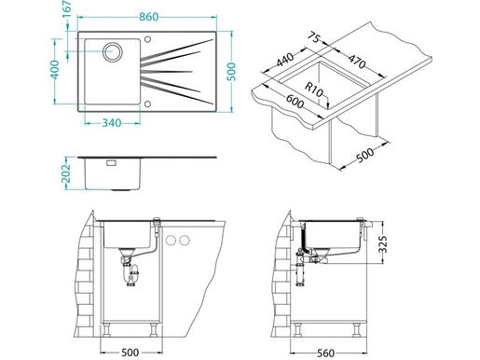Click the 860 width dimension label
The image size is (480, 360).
click(x=148, y=17)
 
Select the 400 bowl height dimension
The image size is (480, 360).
click(x=55, y=70)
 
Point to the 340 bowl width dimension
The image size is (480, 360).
click(x=112, y=123)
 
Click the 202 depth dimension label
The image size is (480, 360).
click(x=67, y=173)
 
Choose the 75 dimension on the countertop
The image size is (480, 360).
click(x=314, y=38)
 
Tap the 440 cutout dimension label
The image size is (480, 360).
click(x=285, y=61)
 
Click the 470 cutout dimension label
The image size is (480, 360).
click(x=357, y=62)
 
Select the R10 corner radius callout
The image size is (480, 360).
click(x=314, y=90)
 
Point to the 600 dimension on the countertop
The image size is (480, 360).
click(x=295, y=101)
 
